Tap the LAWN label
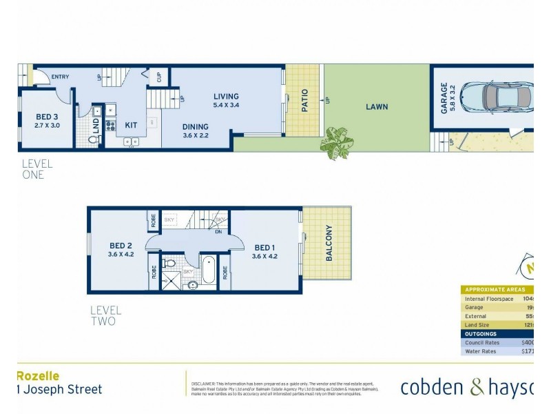click(x=377, y=107)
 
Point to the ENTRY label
click(x=61, y=77)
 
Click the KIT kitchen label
click(x=131, y=126)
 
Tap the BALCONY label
click(x=329, y=243)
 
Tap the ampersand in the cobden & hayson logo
click(x=477, y=388)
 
